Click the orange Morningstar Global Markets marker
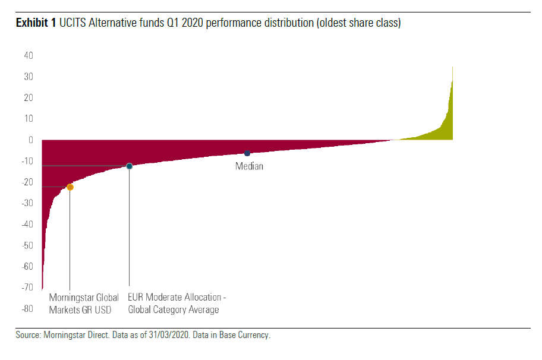tap(70, 187)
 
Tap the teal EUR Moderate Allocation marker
tap(129, 166)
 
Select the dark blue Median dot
tap(247, 153)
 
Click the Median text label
tap(249, 166)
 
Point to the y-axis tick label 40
tap(29, 56)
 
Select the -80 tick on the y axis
tap(27, 309)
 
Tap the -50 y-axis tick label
tap(27, 245)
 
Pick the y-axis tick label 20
tap(29, 98)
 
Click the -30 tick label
tap(27, 203)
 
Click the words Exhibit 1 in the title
tap(36, 23)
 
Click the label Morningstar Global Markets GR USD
tap(84, 303)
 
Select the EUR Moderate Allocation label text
tap(177, 303)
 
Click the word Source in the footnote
tap(29, 335)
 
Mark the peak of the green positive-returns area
tap(452, 68)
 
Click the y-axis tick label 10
tap(29, 119)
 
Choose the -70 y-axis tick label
tap(27, 288)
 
